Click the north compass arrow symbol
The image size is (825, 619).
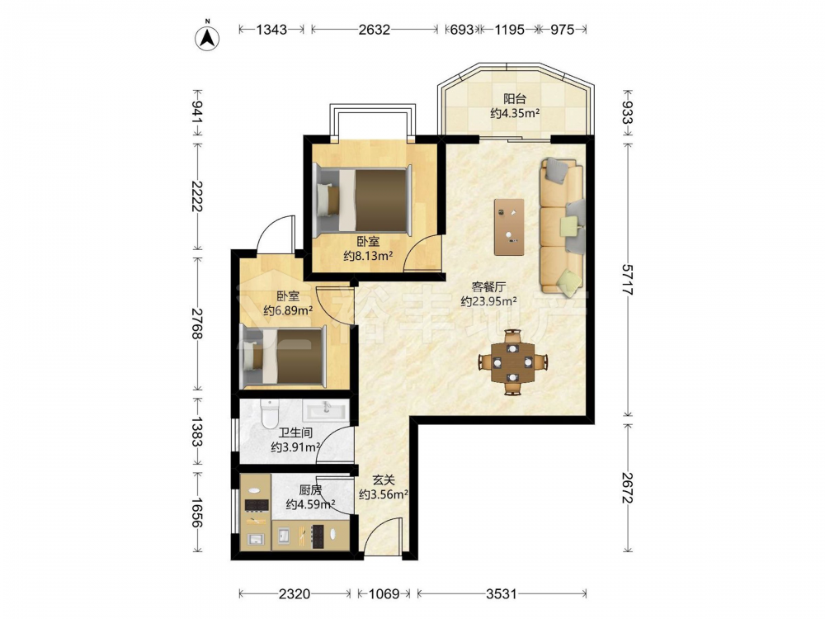click(207, 37)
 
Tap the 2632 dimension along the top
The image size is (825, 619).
click(374, 30)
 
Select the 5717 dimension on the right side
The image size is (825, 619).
click(628, 279)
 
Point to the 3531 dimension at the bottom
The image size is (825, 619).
click(502, 594)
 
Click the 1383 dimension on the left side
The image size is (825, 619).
click(196, 431)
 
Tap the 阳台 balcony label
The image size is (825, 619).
click(515, 98)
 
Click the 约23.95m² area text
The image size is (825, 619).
click(488, 301)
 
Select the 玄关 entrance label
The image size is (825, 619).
click(384, 480)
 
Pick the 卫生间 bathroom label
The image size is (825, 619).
click(295, 432)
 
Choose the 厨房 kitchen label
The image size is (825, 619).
click(310, 490)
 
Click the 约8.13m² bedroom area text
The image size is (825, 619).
click(368, 256)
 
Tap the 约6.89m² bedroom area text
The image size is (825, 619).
click(288, 310)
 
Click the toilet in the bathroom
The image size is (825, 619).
click(270, 413)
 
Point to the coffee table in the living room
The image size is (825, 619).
click(509, 227)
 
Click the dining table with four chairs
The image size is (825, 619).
click(512, 362)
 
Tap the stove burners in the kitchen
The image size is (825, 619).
click(257, 504)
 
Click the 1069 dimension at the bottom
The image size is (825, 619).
click(384, 594)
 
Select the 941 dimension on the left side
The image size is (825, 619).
click(196, 111)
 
